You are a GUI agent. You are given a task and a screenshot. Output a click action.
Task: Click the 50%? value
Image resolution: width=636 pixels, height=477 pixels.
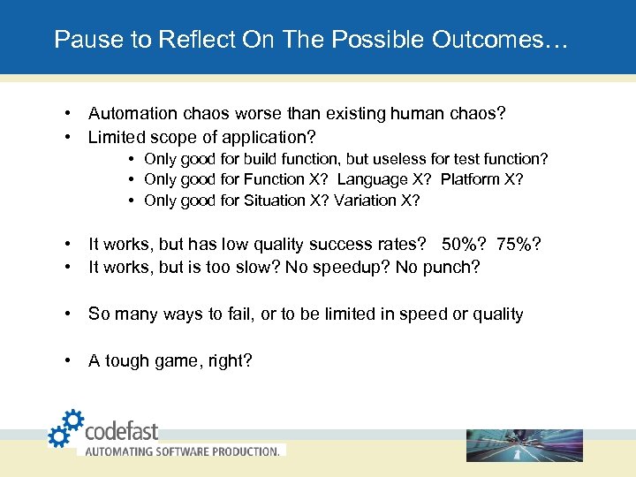coord(464,243)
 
